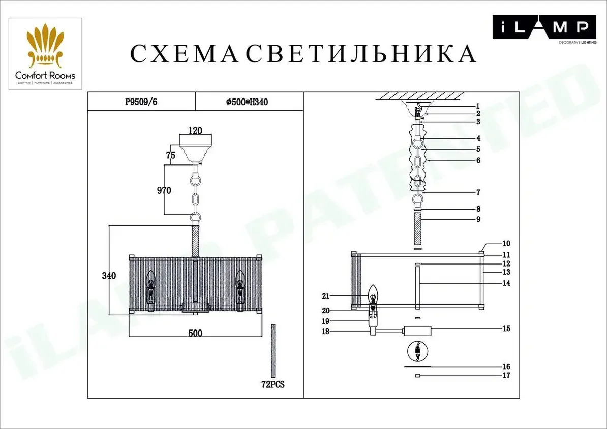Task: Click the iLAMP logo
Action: [x=544, y=29]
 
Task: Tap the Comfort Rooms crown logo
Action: [x=45, y=45]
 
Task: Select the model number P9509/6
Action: [x=141, y=102]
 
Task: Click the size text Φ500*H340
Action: [x=247, y=102]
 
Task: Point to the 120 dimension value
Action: [x=195, y=130]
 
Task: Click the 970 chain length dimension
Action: [x=164, y=190]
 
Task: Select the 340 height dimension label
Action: [x=109, y=276]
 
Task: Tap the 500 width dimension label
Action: [x=196, y=333]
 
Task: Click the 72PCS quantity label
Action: [x=273, y=384]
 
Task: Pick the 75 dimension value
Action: [x=171, y=155]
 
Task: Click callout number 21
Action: [x=325, y=296]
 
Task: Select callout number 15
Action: [x=506, y=328]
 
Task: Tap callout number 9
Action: [x=478, y=219]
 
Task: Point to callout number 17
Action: [x=506, y=375]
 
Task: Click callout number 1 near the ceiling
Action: [x=478, y=106]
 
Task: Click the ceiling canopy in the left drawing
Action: [x=196, y=149]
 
